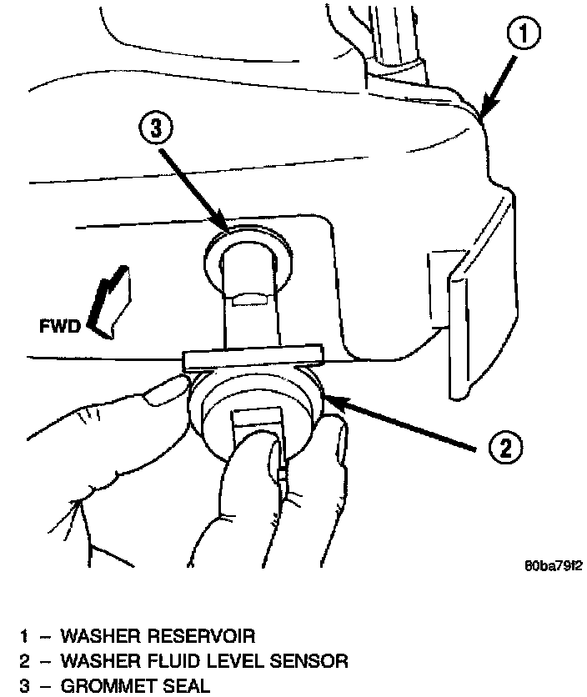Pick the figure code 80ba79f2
point(553,565)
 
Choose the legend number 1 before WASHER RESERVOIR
point(25,637)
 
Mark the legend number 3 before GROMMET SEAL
point(25,687)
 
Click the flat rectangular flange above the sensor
point(252,358)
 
